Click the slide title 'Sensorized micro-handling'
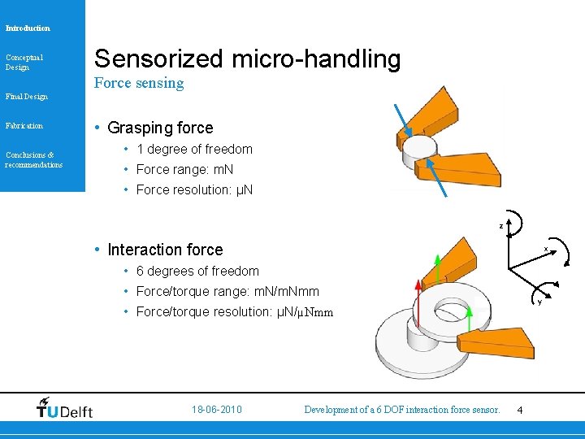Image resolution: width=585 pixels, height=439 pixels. (247, 59)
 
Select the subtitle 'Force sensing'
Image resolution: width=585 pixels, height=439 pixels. (139, 83)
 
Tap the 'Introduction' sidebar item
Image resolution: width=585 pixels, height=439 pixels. (28, 28)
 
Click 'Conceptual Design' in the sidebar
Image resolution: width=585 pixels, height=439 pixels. (24, 62)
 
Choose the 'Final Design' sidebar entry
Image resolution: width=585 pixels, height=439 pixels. (27, 97)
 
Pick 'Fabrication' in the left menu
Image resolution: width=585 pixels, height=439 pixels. (24, 126)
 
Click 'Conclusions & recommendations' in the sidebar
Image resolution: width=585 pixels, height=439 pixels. (33, 159)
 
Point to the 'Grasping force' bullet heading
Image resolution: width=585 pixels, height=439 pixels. (159, 128)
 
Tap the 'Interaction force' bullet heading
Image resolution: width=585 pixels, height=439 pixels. (164, 250)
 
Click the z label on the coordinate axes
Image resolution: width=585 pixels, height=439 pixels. (500, 225)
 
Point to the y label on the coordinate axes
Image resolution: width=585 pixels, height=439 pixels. (539, 302)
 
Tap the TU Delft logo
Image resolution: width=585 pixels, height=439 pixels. (65, 409)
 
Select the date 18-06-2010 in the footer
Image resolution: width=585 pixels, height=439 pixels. (217, 410)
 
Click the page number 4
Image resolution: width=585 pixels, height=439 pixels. (520, 411)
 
